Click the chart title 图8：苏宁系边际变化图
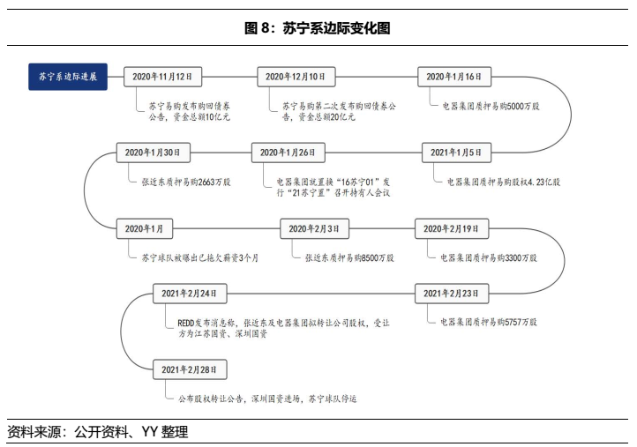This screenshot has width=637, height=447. coord(318,28)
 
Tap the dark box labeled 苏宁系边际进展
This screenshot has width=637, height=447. coord(68,77)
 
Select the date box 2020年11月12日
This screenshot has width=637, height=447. coord(162,77)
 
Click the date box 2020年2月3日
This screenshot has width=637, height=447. coord(314,229)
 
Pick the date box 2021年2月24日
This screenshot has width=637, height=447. coord(190,292)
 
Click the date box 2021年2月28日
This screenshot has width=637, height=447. coord(190,368)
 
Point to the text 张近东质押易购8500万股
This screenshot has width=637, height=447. coord(349,258)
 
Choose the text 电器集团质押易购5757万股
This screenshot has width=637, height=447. coord(488,321)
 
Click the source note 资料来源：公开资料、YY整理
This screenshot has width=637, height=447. coord(97,432)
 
